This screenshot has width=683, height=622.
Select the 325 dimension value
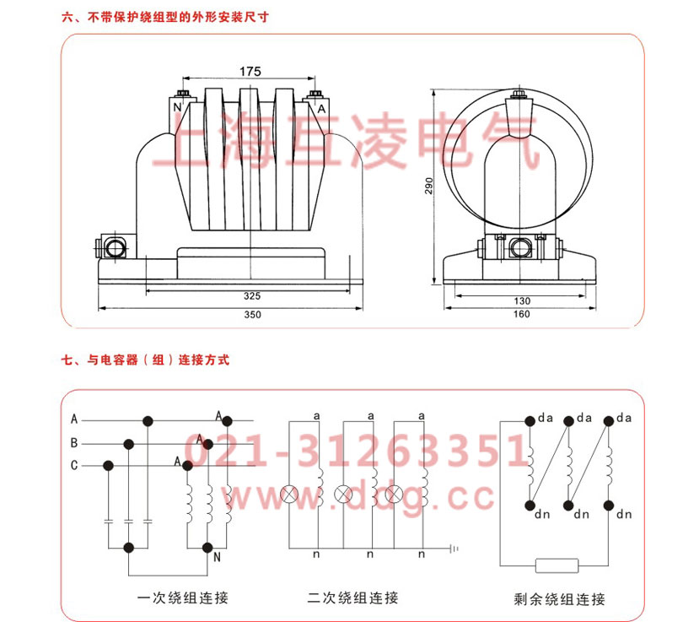250,296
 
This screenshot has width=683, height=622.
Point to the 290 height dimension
428,186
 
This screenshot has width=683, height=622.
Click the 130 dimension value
520,300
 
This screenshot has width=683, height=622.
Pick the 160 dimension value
520,315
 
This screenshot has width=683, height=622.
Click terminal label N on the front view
177,108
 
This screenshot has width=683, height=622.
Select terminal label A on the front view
320,108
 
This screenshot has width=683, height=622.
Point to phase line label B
74,442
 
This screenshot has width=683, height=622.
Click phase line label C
74,465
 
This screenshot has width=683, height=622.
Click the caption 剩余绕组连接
560,600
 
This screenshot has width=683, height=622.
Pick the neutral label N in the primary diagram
218,558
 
